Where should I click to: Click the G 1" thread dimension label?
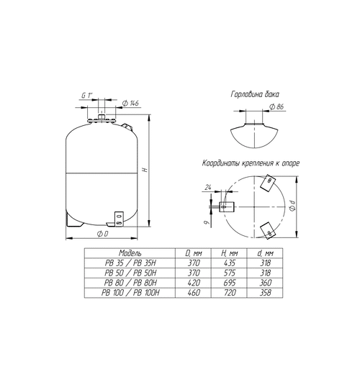[86, 95]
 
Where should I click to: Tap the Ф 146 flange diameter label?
[131, 103]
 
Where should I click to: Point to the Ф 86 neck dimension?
[276, 107]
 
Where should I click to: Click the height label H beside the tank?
[145, 170]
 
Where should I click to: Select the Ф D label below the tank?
[102, 234]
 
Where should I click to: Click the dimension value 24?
[208, 188]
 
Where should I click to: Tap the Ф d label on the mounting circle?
[293, 206]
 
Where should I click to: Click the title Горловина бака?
[255, 94]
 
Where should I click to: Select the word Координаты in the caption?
[220, 163]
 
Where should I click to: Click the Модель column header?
[130, 253]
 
